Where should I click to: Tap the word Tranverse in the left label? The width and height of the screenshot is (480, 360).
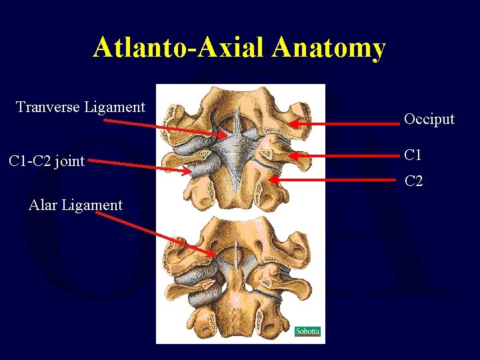tap(49, 107)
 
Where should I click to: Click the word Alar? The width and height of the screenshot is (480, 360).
tap(43, 205)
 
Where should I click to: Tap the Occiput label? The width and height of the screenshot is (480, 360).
tap(429, 119)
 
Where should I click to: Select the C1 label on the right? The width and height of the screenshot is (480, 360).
tap(413, 155)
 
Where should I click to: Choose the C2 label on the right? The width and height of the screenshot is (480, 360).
tap(413, 181)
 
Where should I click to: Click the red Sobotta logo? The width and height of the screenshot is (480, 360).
tap(307, 331)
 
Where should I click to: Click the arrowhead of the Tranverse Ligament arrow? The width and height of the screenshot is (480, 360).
tap(226, 135)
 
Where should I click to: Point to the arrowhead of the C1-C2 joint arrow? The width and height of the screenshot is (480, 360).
tap(190, 171)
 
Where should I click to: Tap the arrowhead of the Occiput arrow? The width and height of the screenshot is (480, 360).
tap(288, 123)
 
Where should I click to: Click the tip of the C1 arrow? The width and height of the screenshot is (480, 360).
tap(285, 155)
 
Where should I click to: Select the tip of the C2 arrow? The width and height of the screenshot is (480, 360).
tap(270, 178)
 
